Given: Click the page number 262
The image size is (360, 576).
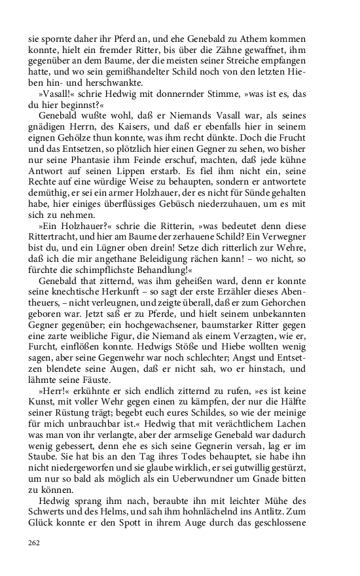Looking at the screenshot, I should [33, 542].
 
